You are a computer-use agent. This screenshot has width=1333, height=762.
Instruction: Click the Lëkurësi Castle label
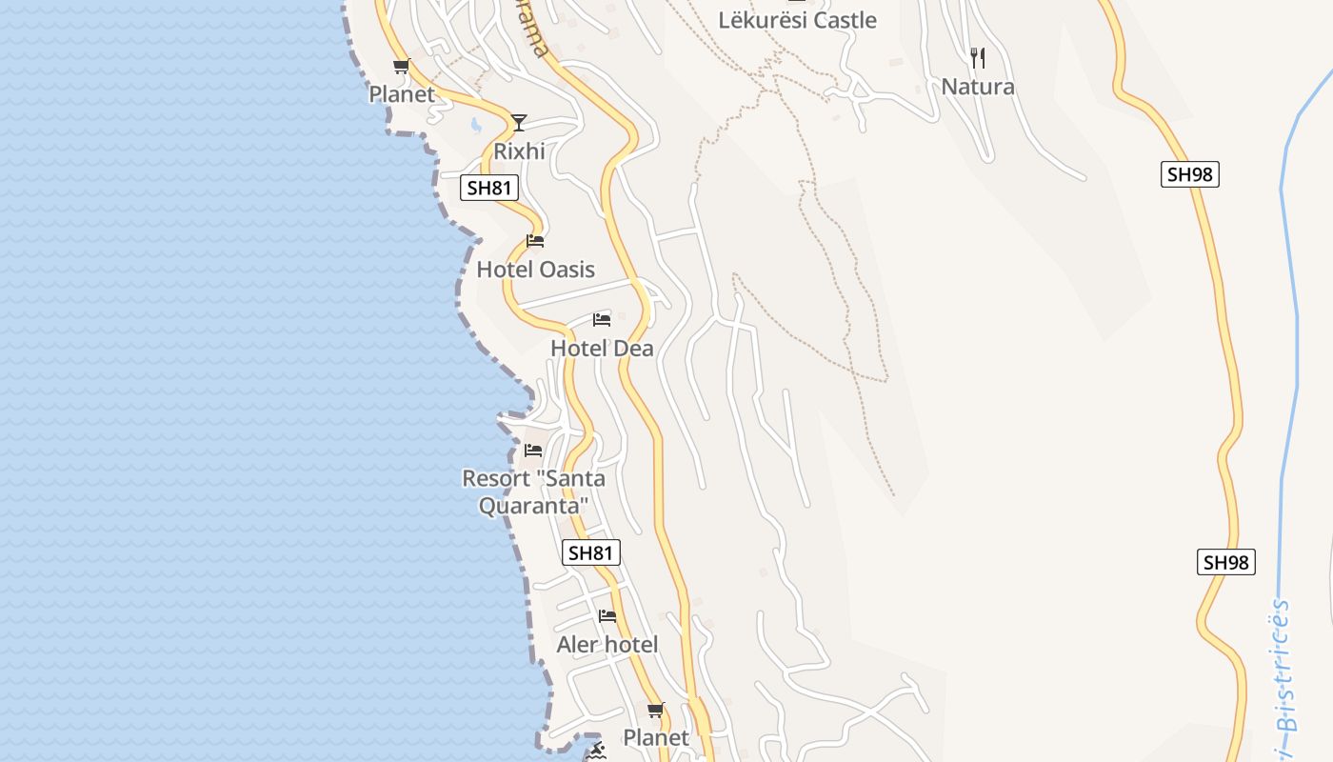click(797, 20)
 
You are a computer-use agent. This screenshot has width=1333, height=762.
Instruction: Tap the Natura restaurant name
click(978, 87)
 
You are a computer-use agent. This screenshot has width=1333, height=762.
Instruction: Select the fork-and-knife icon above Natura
click(977, 58)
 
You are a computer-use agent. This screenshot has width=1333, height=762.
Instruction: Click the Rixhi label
click(519, 150)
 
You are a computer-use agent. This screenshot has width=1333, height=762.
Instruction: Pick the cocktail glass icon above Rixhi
click(518, 122)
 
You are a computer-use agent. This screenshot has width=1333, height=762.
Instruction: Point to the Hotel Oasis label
click(535, 270)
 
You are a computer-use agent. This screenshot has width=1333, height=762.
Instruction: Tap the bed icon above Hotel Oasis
click(535, 241)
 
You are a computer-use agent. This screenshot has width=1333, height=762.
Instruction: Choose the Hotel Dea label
click(602, 349)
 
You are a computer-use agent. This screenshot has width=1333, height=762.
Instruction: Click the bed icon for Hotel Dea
click(602, 319)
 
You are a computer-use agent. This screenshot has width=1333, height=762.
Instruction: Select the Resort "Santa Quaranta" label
click(533, 491)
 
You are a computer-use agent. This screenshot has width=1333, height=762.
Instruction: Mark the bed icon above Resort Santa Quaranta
click(533, 450)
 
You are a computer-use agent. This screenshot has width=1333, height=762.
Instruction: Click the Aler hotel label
click(607, 645)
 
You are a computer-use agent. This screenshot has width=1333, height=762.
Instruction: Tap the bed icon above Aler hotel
click(607, 616)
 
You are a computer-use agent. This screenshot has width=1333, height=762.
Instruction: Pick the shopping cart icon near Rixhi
click(401, 66)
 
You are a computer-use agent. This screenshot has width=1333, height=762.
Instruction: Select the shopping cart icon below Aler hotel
click(655, 710)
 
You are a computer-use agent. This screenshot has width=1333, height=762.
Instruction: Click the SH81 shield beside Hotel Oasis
click(490, 188)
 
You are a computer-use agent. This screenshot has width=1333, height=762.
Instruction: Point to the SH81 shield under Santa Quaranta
click(591, 552)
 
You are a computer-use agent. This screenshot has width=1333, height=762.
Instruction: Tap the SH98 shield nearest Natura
click(1190, 174)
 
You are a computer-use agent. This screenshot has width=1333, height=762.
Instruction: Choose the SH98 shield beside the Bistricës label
click(1225, 562)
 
